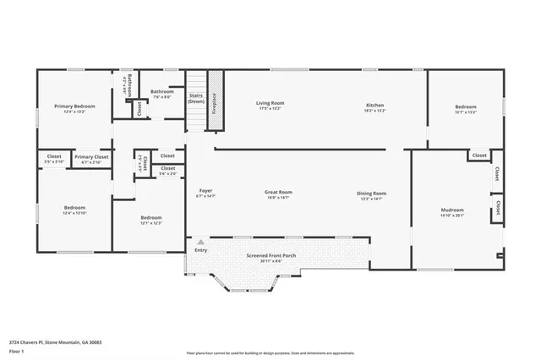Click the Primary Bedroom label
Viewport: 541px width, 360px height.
point(74,106)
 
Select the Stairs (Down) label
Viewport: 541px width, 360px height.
point(196,99)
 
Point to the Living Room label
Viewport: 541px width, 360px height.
point(270,104)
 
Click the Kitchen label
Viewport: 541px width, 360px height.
point(374,104)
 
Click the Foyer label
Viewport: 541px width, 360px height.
point(205,192)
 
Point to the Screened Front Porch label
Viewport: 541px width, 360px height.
point(270,254)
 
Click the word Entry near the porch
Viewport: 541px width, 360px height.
point(201,250)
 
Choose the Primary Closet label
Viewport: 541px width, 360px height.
point(91,156)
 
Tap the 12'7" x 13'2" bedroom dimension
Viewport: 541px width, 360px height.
point(466,112)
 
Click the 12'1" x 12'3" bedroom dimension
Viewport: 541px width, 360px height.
point(150,223)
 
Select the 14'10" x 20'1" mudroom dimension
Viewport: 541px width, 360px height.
point(452,215)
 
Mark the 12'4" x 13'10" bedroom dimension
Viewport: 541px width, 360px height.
point(74,213)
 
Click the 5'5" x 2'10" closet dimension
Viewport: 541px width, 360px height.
point(54,161)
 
